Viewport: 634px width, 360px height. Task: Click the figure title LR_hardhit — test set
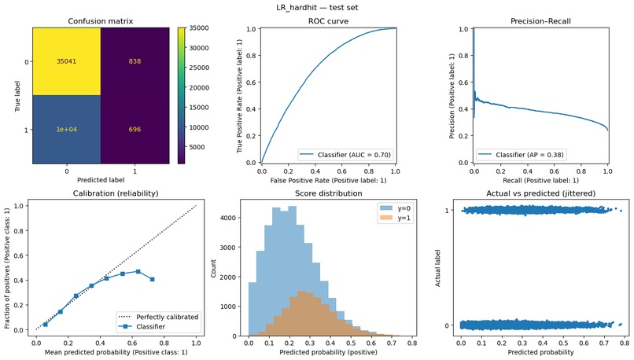317,7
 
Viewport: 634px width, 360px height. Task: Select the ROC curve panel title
328,20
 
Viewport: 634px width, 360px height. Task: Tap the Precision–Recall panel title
540,20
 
